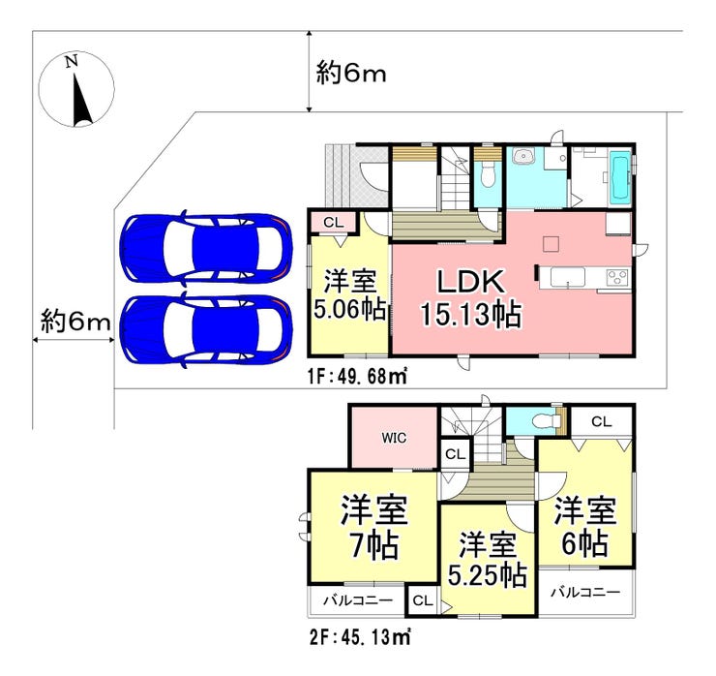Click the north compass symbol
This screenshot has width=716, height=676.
76,90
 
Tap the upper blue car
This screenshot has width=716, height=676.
206,249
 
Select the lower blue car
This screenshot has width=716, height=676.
206,331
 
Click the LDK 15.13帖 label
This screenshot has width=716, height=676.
471,298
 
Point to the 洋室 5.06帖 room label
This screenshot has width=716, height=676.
350,295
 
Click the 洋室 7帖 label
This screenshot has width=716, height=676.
374,527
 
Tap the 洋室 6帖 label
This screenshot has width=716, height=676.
585,526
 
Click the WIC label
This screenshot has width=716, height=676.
394,438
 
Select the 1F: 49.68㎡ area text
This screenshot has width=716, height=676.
357,377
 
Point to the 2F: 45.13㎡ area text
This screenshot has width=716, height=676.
360,636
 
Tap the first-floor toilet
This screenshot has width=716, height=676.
488,175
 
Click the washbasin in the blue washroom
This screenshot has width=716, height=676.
521,157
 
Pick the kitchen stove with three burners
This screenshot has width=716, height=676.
617,277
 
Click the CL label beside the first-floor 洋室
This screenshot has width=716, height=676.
334,223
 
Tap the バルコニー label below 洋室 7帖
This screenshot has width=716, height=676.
358,599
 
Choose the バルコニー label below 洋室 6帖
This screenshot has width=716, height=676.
585,593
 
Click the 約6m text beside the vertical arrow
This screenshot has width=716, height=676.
351,74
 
